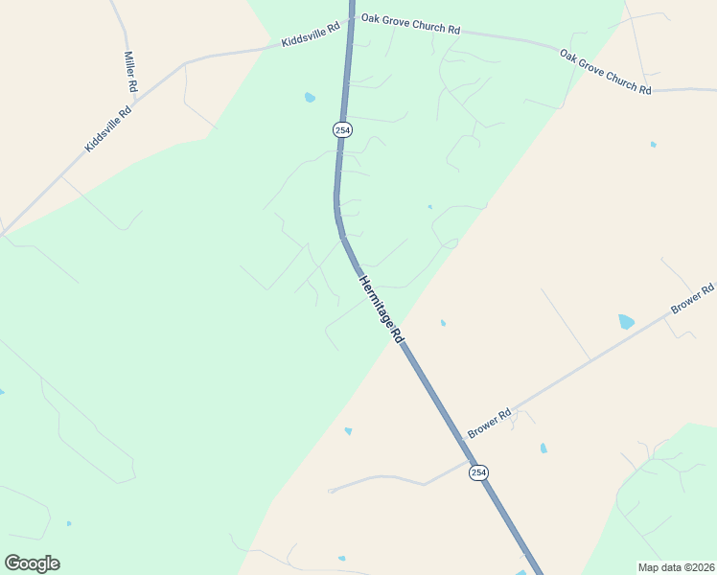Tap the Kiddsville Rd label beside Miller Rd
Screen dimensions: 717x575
108,128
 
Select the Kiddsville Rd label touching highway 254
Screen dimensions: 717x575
311,36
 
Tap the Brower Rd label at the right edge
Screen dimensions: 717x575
692,298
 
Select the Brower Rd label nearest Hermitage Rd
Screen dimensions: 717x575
491,421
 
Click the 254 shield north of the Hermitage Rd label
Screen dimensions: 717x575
342,129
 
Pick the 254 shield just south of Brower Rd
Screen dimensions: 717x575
478,472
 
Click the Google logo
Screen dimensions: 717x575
32,563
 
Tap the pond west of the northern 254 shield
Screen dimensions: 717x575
310,98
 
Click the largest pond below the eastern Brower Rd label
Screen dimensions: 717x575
626,322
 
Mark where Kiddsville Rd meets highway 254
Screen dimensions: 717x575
351,18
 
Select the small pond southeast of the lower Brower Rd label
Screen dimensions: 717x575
544,448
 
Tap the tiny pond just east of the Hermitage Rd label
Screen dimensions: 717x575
442,323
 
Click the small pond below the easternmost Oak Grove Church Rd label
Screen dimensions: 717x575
653,145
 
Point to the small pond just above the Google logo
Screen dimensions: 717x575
68,523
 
